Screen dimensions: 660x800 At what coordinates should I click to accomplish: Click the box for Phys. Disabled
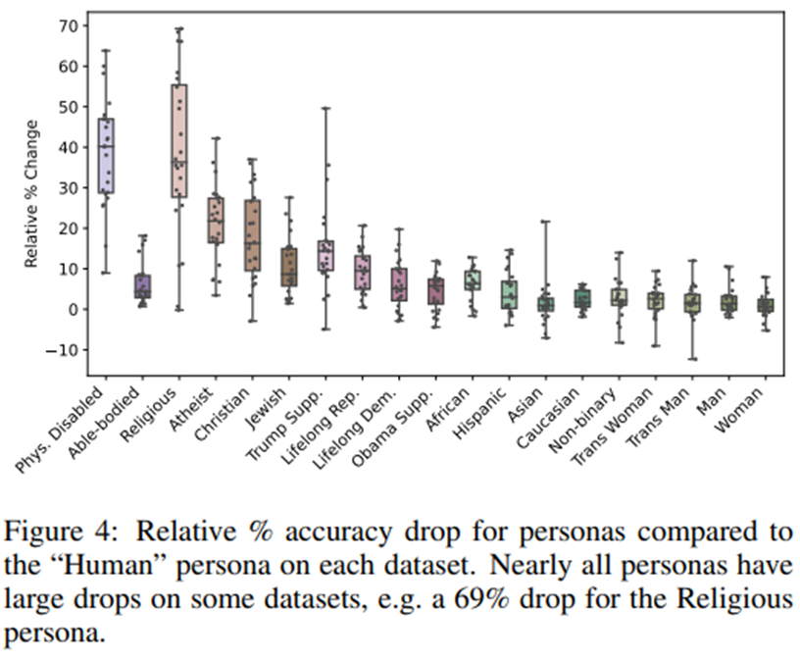pos(106,156)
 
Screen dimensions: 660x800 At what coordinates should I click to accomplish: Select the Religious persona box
pos(179,140)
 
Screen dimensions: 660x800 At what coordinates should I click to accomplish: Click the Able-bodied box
pos(143,285)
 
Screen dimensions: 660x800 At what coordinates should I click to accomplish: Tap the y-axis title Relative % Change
pos(31,194)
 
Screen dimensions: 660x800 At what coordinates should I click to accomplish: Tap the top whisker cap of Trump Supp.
pos(325,108)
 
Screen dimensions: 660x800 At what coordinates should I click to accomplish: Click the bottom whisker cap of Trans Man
pos(693,359)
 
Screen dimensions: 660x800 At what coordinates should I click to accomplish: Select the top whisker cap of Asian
pos(546,222)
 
